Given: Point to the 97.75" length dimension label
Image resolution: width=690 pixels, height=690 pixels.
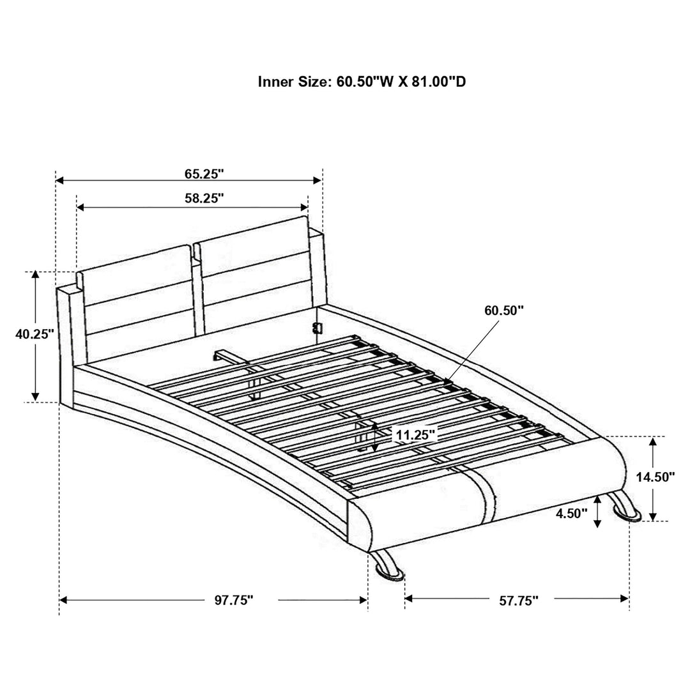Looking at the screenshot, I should point(234,600).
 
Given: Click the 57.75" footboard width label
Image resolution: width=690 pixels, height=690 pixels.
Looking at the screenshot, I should point(519,600).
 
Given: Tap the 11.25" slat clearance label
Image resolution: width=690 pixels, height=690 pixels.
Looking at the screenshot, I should point(415,435).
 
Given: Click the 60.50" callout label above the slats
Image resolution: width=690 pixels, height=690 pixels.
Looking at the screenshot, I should point(504,310).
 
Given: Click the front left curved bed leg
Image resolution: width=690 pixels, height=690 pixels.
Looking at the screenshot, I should point(387,565).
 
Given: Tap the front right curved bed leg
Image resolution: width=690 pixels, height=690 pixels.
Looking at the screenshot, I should point(624,509).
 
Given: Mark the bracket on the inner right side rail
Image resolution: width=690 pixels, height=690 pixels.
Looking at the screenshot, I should point(315,328).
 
